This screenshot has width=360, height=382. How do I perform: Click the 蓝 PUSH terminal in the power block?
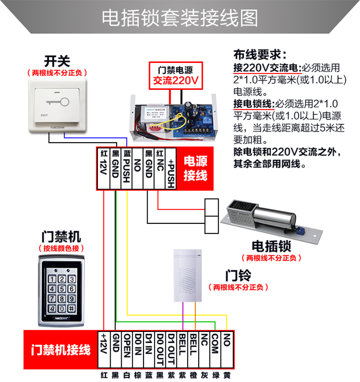pos(126,168)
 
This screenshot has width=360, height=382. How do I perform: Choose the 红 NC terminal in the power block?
pos(159,168)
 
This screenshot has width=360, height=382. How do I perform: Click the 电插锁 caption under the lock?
pos(271,247)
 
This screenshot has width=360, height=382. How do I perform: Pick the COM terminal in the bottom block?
pos(215,350)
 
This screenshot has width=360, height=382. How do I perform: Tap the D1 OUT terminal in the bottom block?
pos(171,350)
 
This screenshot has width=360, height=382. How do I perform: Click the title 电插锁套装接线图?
pos(180,18)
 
